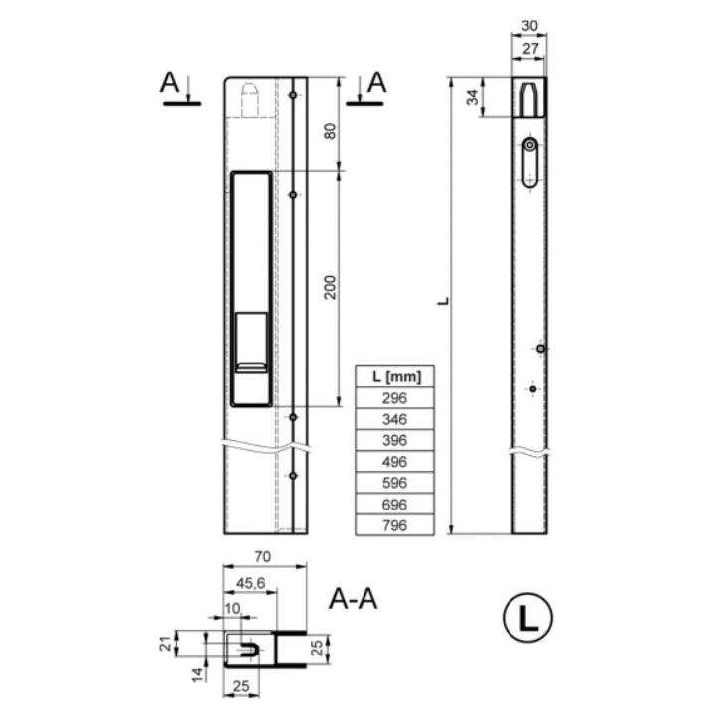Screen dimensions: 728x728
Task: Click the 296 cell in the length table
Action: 394,398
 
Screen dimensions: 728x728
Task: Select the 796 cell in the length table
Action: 394,525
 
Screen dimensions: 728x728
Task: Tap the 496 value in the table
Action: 394,462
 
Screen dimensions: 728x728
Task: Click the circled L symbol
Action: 527,618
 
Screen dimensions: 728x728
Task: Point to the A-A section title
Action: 353,599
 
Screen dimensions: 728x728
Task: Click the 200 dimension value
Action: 330,287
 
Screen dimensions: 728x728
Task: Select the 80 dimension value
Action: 330,131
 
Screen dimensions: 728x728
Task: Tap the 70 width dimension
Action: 263,556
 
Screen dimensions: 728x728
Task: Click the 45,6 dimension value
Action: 250,583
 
